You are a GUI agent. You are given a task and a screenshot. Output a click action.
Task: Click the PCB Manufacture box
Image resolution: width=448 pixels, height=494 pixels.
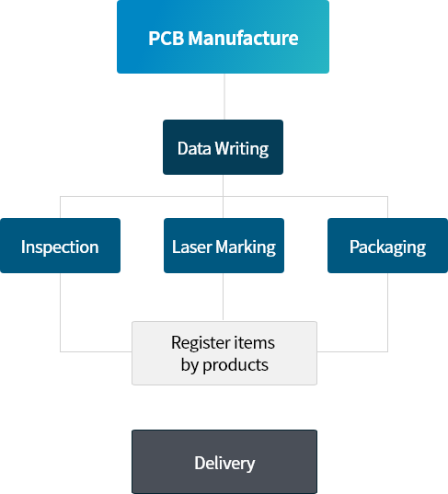pyautogui.click(x=223, y=37)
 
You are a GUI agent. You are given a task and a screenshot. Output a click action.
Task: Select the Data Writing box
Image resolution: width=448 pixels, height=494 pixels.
pyautogui.click(x=223, y=147)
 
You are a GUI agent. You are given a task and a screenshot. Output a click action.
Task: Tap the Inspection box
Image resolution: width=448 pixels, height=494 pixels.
pyautogui.click(x=60, y=246)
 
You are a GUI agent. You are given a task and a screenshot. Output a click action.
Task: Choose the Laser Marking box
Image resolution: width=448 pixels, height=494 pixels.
pyautogui.click(x=224, y=246)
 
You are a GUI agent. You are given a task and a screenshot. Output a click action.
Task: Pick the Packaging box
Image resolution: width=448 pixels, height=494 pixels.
pyautogui.click(x=388, y=246)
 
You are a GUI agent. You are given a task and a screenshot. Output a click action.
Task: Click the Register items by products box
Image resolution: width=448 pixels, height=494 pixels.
pyautogui.click(x=224, y=353)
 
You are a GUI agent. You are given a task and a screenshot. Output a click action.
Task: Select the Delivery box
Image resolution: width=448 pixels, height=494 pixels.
pyautogui.click(x=224, y=462)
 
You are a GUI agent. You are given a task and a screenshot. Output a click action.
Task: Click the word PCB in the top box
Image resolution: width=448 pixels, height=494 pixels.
pyautogui.click(x=166, y=38)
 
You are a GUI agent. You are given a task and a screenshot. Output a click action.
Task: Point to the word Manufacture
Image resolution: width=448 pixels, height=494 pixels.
pyautogui.click(x=243, y=38)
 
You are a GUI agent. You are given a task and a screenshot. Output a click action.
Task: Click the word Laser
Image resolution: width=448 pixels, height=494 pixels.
pyautogui.click(x=192, y=247)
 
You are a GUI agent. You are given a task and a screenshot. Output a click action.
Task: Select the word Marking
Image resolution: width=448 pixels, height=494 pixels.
pyautogui.click(x=246, y=247)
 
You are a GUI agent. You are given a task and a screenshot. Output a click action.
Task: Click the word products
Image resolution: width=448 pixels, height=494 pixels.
pyautogui.click(x=235, y=366)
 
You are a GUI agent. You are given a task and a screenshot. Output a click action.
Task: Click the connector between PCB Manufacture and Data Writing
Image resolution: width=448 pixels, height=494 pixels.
pyautogui.click(x=224, y=97)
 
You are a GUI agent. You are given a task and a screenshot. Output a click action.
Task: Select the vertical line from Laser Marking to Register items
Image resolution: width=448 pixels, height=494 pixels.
pyautogui.click(x=223, y=297)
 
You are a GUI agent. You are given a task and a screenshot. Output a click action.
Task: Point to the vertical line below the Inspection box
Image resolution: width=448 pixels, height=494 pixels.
pyautogui.click(x=60, y=312)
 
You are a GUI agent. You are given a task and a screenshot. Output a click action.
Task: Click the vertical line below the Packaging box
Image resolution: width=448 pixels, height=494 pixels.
pyautogui.click(x=388, y=312)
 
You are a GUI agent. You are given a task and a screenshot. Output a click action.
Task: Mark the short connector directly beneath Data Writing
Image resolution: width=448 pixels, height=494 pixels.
pyautogui.click(x=223, y=185)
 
